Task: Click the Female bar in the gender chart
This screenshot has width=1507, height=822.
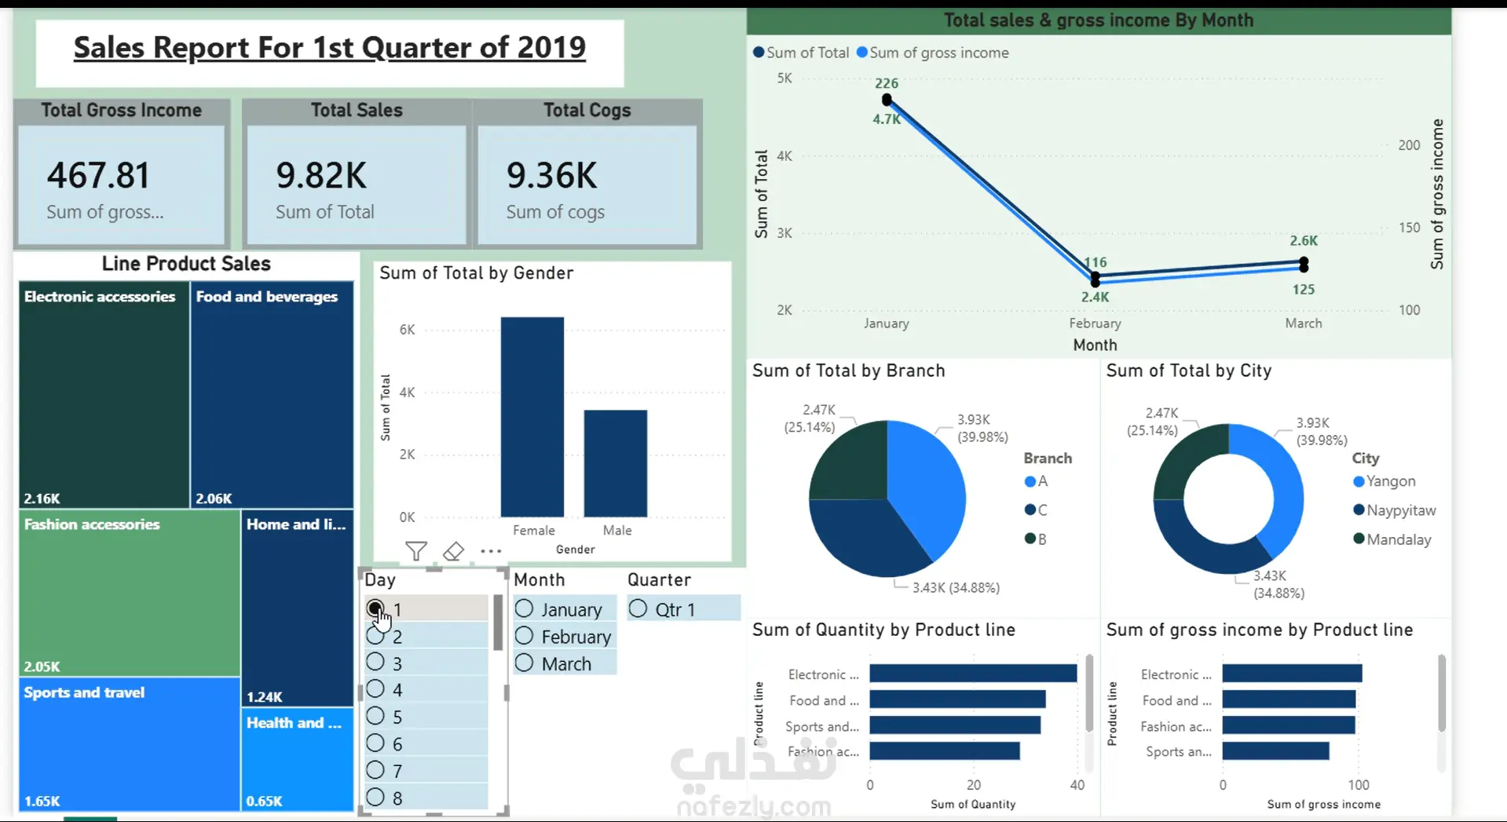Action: pyautogui.click(x=532, y=417)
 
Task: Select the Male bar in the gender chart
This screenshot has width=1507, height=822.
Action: pyautogui.click(x=616, y=463)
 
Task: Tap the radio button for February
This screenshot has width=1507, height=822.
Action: pyautogui.click(x=524, y=636)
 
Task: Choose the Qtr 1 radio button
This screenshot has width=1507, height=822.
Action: pyautogui.click(x=638, y=608)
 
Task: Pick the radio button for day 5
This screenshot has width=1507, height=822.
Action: pyautogui.click(x=375, y=716)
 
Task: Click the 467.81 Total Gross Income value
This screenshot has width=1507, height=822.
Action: pyautogui.click(x=98, y=175)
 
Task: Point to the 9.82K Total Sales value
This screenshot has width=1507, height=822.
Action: pyautogui.click(x=321, y=175)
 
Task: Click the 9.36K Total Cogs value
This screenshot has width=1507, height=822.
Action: pyautogui.click(x=552, y=175)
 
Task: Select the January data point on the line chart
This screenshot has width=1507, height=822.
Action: pyautogui.click(x=887, y=100)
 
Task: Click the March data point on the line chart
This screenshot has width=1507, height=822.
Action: pyautogui.click(x=1304, y=265)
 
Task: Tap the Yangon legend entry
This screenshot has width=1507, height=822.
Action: pyautogui.click(x=1395, y=481)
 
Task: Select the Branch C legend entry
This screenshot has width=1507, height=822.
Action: pyautogui.click(x=1036, y=510)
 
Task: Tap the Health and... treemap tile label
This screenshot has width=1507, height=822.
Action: pyautogui.click(x=294, y=723)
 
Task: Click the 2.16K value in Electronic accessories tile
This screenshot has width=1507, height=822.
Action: pyautogui.click(x=42, y=499)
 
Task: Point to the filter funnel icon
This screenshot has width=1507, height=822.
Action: pyautogui.click(x=416, y=551)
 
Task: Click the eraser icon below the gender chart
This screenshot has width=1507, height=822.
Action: pyautogui.click(x=453, y=551)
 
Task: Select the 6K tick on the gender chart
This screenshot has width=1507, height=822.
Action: pyautogui.click(x=407, y=330)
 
